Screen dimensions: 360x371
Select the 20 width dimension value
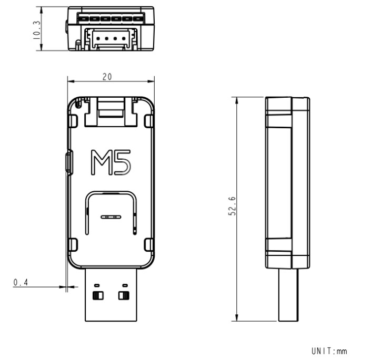(x=107, y=77)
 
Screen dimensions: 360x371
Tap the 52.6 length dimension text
(x=232, y=207)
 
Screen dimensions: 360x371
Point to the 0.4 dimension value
(x=21, y=283)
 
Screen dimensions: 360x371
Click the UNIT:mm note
(x=329, y=351)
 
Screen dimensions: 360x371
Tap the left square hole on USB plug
(x=98, y=295)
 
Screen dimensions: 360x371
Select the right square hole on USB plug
(x=124, y=295)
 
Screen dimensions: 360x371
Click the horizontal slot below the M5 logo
(x=111, y=217)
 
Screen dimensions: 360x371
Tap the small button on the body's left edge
(x=68, y=161)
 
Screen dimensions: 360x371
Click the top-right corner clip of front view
(x=148, y=120)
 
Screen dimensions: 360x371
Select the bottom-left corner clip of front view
(x=73, y=245)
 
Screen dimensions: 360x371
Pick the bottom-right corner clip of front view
(x=148, y=245)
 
